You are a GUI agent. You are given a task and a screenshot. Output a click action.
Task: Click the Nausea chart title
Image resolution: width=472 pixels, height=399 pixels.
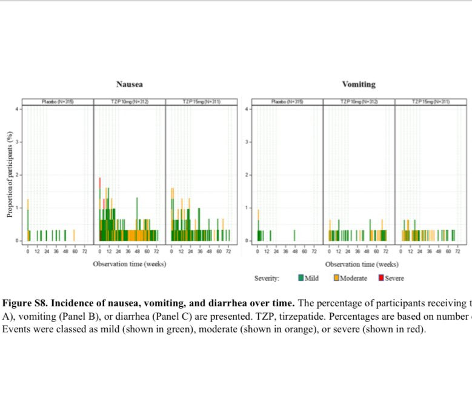point(130,84)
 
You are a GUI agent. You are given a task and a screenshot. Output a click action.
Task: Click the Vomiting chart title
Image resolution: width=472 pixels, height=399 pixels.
point(359,84)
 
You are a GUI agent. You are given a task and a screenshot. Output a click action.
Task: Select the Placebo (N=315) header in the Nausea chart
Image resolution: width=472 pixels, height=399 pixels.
point(58,101)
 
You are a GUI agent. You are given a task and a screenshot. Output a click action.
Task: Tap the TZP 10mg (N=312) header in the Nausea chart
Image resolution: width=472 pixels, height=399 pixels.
point(129,101)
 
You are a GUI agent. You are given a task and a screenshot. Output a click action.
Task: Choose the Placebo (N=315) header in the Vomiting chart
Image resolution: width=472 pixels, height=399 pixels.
point(287,101)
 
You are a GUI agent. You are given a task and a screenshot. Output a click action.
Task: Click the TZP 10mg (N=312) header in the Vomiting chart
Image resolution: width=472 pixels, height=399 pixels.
point(359,101)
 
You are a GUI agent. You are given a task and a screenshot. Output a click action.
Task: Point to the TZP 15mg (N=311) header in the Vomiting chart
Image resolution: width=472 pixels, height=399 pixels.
point(430,101)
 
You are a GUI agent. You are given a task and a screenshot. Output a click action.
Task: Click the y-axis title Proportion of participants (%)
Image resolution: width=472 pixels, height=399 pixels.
point(10,175)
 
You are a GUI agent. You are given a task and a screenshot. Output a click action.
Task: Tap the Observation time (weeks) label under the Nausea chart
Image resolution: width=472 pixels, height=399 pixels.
point(129,264)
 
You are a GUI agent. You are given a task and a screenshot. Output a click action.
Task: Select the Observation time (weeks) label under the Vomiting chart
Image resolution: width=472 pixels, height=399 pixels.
point(362,264)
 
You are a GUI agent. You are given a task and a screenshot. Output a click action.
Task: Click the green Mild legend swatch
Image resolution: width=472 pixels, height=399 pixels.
point(301,279)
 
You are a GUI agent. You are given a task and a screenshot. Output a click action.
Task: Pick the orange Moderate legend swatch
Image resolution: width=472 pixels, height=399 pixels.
point(336,279)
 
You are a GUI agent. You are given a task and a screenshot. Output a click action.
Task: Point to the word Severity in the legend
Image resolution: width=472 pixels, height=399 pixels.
point(267,279)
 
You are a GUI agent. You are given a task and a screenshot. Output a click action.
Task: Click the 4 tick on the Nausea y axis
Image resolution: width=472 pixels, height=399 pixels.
point(18,109)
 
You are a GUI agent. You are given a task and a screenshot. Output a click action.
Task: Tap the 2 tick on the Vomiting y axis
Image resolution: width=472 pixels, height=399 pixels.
point(247,175)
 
